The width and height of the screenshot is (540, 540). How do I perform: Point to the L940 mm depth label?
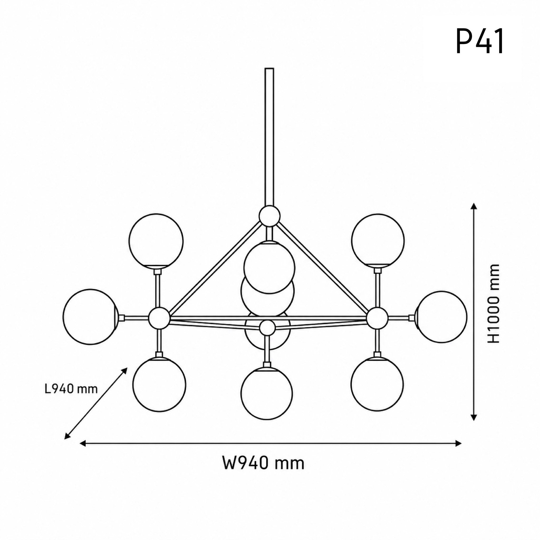tap(71, 389)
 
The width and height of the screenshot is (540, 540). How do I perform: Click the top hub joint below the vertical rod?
tap(269, 215)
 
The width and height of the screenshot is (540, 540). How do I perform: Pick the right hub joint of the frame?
tap(377, 317)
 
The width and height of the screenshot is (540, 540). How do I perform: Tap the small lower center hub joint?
tap(267, 328)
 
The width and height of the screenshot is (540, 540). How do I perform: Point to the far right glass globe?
tap(441, 317)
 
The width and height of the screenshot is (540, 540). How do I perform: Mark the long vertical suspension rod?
tap(269, 137)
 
